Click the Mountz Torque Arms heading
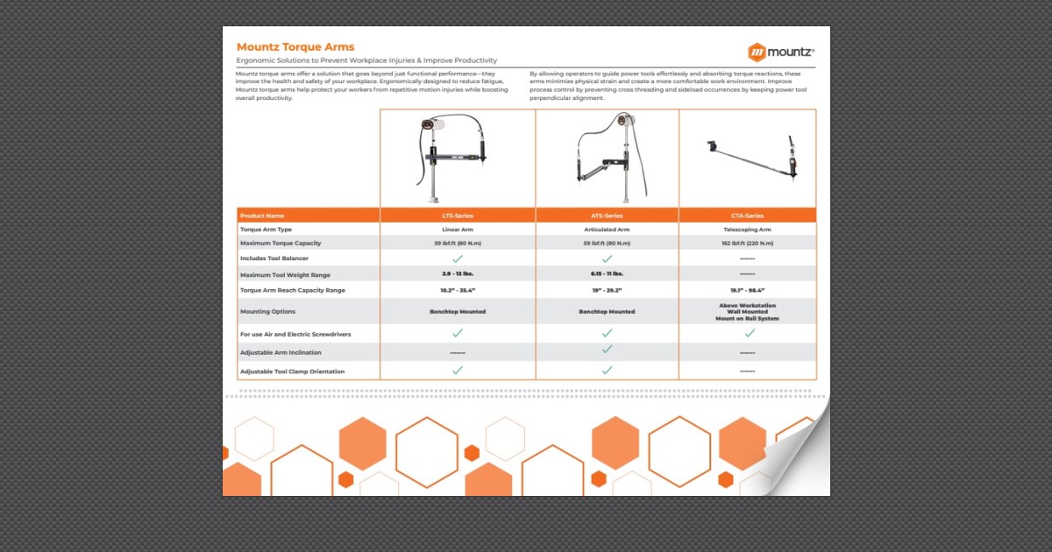click(x=295, y=46)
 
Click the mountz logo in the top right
click(x=781, y=52)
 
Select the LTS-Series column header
click(x=458, y=216)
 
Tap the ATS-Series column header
click(x=607, y=216)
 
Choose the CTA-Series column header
click(x=747, y=216)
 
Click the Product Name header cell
click(x=263, y=216)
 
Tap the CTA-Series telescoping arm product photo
click(x=752, y=158)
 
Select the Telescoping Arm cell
click(x=747, y=230)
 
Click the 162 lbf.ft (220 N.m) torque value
click(x=747, y=243)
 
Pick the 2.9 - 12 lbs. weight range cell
click(x=458, y=275)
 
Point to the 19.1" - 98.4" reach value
click(x=747, y=290)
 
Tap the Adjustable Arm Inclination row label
click(x=281, y=353)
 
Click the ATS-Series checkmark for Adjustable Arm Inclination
click(x=607, y=350)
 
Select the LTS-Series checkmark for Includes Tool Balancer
click(x=458, y=259)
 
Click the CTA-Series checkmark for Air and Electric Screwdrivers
click(x=750, y=333)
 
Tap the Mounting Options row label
click(x=268, y=312)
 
